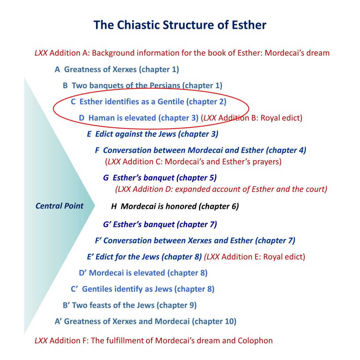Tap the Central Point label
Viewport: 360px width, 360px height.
coord(59,206)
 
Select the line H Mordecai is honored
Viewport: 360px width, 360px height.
coord(175,206)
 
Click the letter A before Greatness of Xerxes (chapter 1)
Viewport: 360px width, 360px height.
coord(57,69)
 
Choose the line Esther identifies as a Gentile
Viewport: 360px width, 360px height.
coord(149,102)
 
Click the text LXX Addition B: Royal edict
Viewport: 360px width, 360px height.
coord(252,118)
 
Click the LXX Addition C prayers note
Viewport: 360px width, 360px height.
coord(193,162)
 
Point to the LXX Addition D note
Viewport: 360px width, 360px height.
coord(221,189)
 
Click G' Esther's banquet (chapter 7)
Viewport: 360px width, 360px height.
coord(160,225)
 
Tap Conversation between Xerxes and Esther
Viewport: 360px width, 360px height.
coord(195,240)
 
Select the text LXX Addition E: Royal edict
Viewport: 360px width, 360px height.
coord(255,257)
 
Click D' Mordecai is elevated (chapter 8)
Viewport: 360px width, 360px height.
coord(143,273)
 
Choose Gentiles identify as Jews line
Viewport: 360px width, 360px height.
coord(143,289)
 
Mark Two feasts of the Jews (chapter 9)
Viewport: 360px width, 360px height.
coord(130,306)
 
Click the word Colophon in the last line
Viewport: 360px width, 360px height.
coord(255,341)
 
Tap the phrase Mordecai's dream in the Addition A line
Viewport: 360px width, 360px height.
coord(297,53)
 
